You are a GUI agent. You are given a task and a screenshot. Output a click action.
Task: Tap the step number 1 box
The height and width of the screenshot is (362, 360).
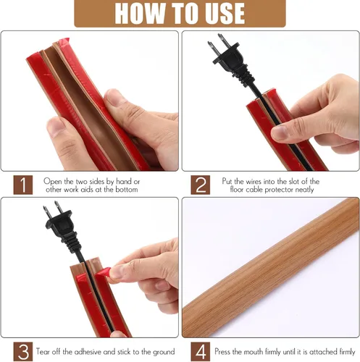coord(23,185)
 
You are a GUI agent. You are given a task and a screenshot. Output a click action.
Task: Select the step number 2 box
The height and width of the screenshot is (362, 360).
coord(201,185)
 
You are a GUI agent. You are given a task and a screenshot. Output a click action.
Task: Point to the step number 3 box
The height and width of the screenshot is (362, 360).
coord(23,352)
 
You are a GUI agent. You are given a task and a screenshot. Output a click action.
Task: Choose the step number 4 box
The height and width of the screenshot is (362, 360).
coord(201,352)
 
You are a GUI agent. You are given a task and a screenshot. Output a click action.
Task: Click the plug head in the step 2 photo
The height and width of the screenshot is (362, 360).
coord(227,57)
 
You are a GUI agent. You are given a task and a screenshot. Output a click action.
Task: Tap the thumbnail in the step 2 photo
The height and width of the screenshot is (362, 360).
coord(280,132)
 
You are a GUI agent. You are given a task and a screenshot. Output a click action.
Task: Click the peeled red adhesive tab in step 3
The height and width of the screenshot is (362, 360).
coord(103,272)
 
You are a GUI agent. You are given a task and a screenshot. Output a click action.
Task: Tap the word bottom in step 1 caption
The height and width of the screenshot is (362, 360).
coord(127,190)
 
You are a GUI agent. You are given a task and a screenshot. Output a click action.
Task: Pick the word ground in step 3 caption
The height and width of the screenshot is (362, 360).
coord(163,352)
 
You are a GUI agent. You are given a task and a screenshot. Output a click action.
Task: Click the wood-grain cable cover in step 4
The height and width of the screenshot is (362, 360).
coord(270,268)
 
